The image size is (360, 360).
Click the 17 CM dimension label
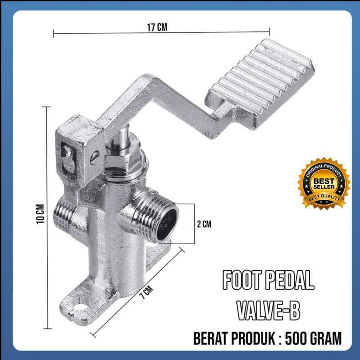pos(157,27)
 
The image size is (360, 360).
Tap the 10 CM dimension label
pos(40,214)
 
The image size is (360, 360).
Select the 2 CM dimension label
pos(204,224)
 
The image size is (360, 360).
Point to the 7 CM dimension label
pos(147,292)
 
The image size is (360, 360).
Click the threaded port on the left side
pos(62,213)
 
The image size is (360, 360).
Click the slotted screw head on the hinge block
pos(94,157)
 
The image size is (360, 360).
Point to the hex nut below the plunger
pos(117,161)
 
